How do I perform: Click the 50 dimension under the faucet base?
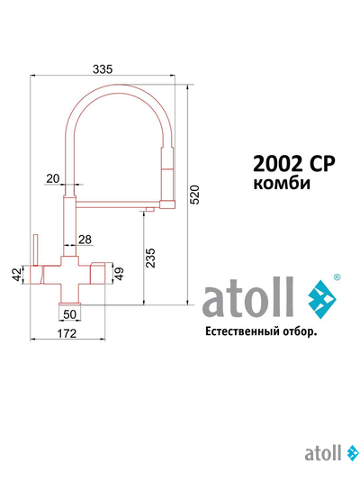tap(69, 314)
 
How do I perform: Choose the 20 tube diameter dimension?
tap(51, 177)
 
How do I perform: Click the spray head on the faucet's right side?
tap(166, 176)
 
